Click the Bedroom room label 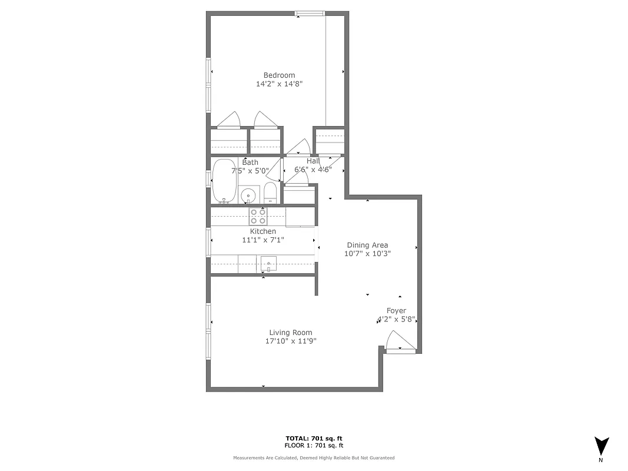pyautogui.click(x=279, y=75)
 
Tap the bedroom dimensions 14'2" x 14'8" pyautogui.click(x=279, y=84)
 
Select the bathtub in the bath pyautogui.click(x=224, y=181)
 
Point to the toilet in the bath pyautogui.click(x=270, y=193)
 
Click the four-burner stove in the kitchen pyautogui.click(x=258, y=216)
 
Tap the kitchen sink pyautogui.click(x=268, y=264)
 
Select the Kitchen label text pyautogui.click(x=263, y=231)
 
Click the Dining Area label pyautogui.click(x=367, y=246)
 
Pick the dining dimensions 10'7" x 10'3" pyautogui.click(x=367, y=254)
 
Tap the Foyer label pyautogui.click(x=396, y=311)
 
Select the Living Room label pyautogui.click(x=291, y=333)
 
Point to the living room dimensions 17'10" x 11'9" pyautogui.click(x=291, y=341)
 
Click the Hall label pyautogui.click(x=313, y=161)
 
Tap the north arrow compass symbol pyautogui.click(x=601, y=446)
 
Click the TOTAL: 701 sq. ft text pyautogui.click(x=314, y=439)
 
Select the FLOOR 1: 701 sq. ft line pyautogui.click(x=314, y=446)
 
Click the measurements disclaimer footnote pyautogui.click(x=314, y=457)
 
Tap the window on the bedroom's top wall pyautogui.click(x=310, y=14)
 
